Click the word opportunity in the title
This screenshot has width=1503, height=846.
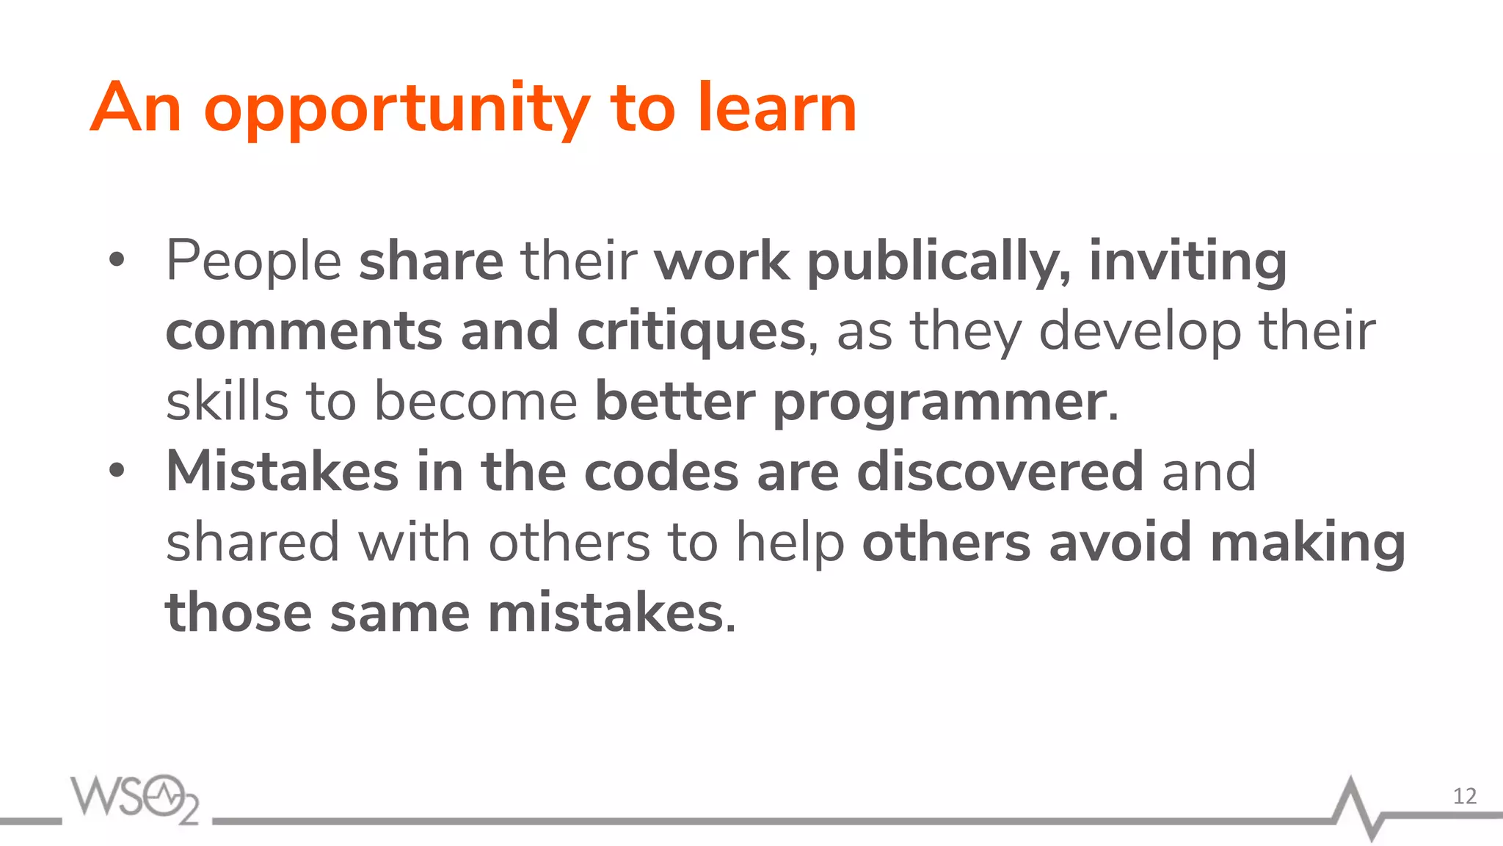click(x=396, y=110)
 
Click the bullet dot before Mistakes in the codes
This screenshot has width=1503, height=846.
click(x=117, y=471)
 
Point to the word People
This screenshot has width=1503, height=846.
click(x=253, y=261)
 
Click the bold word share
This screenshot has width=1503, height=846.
click(x=431, y=261)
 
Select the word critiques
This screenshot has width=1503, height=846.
click(x=691, y=332)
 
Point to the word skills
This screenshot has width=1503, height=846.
click(x=227, y=402)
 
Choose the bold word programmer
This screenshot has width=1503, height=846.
click(x=939, y=403)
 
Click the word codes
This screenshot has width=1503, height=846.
click(x=660, y=471)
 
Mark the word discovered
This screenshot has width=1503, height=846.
click(x=1000, y=471)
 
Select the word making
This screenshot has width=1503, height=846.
click(x=1307, y=543)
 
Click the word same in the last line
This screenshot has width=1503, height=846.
click(x=399, y=612)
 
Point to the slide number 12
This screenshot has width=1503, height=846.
click(x=1464, y=796)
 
